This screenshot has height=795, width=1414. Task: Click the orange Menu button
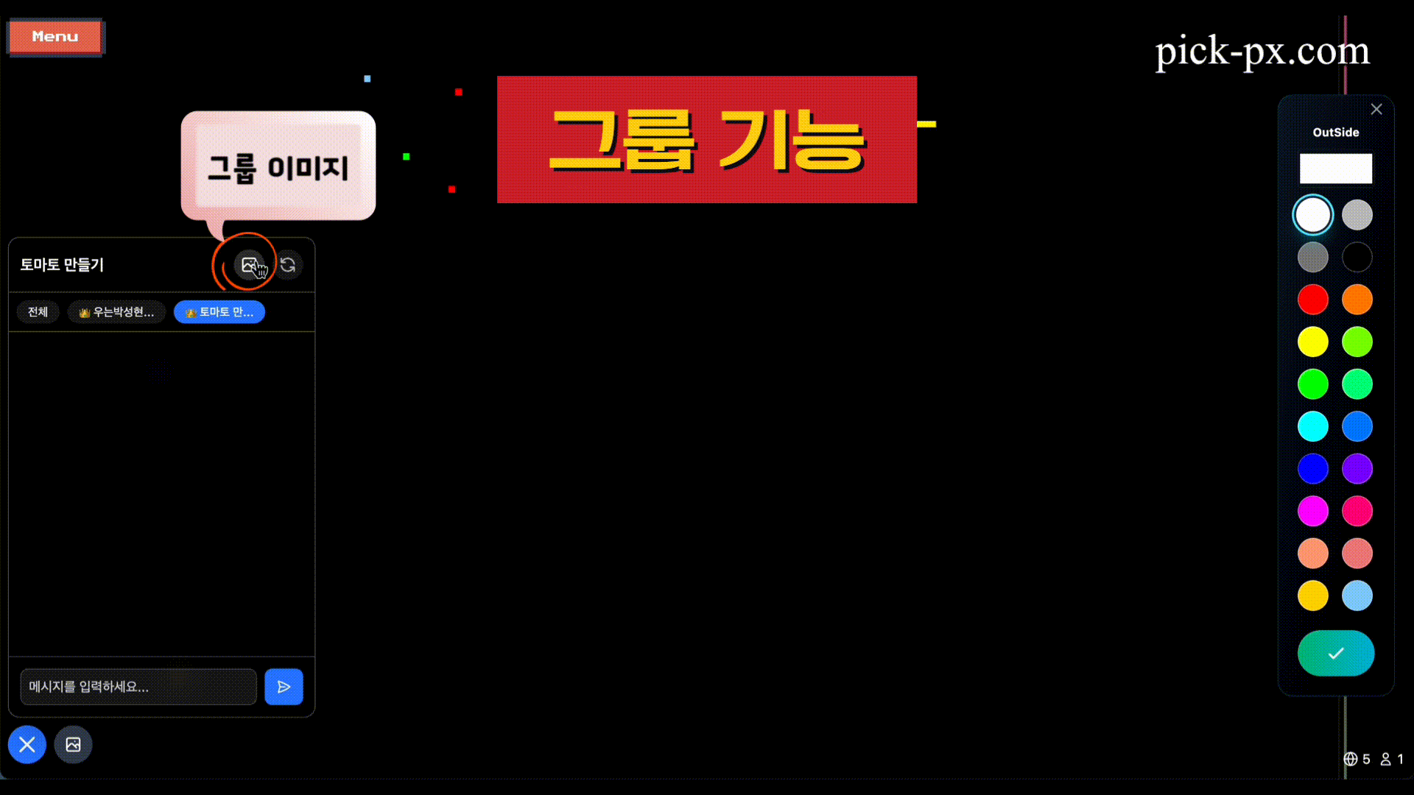pyautogui.click(x=55, y=37)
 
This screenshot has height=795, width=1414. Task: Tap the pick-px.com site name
pyautogui.click(x=1262, y=52)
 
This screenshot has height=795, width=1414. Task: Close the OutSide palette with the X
pyautogui.click(x=1376, y=110)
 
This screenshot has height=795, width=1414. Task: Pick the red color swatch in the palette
pyautogui.click(x=1313, y=300)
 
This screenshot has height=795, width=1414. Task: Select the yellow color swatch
pyautogui.click(x=1313, y=342)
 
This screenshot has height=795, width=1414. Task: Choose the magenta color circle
pyautogui.click(x=1313, y=511)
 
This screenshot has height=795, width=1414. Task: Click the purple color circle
pyautogui.click(x=1357, y=469)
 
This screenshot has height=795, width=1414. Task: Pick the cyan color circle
pyautogui.click(x=1313, y=426)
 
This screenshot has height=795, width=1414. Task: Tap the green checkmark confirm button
pyautogui.click(x=1336, y=653)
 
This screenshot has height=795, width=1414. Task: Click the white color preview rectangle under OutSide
pyautogui.click(x=1336, y=169)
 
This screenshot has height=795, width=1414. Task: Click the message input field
pyautogui.click(x=138, y=687)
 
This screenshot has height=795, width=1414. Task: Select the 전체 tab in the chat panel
pyautogui.click(x=38, y=312)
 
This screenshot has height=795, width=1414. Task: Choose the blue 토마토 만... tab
pyautogui.click(x=219, y=312)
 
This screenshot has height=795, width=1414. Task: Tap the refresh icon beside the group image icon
pyautogui.click(x=288, y=265)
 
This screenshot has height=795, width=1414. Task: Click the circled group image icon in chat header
pyautogui.click(x=249, y=265)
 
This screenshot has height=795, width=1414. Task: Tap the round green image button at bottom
pyautogui.click(x=73, y=745)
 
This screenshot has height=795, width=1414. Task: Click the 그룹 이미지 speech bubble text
pyautogui.click(x=278, y=167)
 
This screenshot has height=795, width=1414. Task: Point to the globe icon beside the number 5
pyautogui.click(x=1351, y=759)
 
